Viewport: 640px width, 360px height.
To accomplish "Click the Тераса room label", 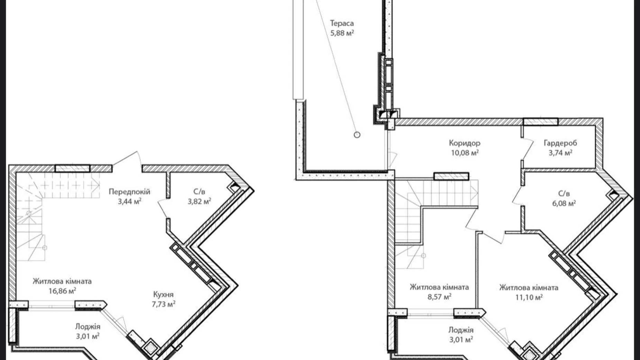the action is click(x=342, y=24).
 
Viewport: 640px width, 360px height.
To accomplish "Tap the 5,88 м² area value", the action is click(x=342, y=33).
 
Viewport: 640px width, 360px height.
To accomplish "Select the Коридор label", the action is click(x=465, y=143).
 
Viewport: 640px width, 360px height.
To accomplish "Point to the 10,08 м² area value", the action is click(x=465, y=153).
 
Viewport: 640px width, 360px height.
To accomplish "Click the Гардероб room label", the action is click(x=560, y=143).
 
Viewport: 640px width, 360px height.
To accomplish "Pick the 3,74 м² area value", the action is click(x=560, y=153).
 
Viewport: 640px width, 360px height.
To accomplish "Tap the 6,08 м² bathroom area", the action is click(x=564, y=204).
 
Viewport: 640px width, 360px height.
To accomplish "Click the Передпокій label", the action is click(x=129, y=192).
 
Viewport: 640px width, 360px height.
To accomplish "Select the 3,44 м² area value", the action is click(x=129, y=201).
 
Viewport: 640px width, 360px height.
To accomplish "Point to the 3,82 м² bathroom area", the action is click(x=199, y=201).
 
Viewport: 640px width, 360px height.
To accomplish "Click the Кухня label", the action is click(x=163, y=295).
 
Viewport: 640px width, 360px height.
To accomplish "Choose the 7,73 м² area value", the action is click(x=163, y=304).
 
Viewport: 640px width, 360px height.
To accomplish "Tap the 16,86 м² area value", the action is click(x=62, y=291).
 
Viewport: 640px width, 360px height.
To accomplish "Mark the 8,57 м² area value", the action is click(x=439, y=297).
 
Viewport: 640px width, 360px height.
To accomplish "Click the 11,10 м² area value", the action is click(x=529, y=297).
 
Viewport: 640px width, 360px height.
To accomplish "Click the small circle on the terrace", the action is click(x=357, y=135).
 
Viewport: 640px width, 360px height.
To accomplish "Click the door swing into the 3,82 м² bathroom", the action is click(x=163, y=208).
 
